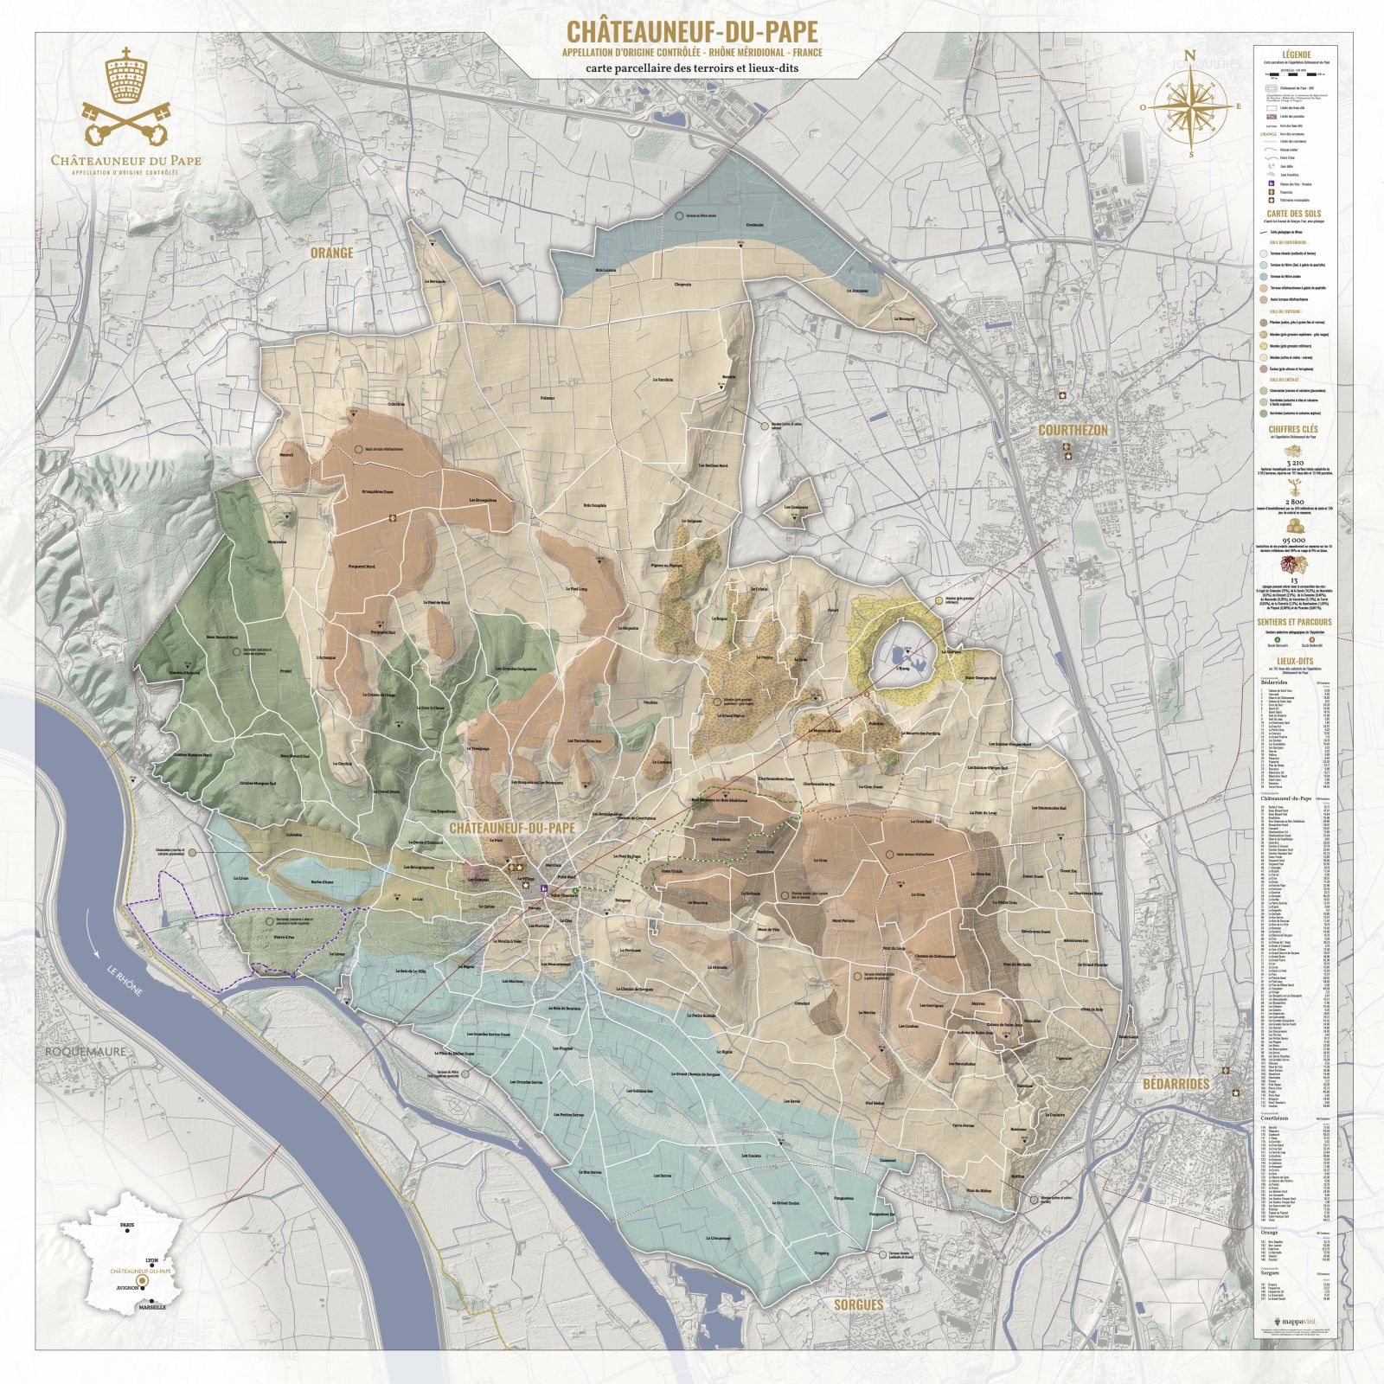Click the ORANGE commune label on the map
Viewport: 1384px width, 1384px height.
point(332,253)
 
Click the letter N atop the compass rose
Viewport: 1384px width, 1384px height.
point(1190,55)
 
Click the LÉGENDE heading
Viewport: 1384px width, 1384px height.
point(1296,54)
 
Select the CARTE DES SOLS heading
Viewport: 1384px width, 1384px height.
point(1294,214)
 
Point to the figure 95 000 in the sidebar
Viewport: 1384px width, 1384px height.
point(1294,538)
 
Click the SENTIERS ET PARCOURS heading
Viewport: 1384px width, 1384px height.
point(1294,622)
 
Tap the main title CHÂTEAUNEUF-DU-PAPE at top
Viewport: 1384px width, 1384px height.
point(691,32)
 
